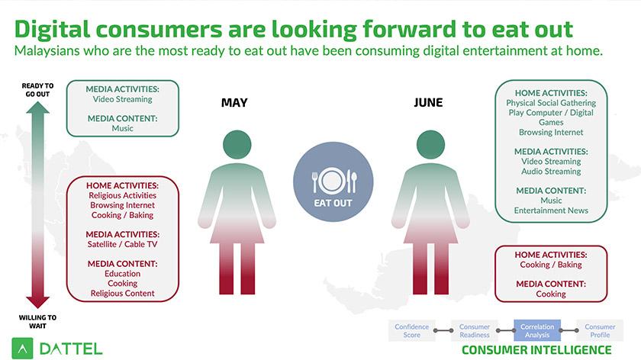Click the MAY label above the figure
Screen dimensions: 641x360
point(234,102)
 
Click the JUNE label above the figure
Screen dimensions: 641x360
point(428,102)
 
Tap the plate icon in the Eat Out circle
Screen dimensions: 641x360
point(332,180)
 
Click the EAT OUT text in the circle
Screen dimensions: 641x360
point(333,203)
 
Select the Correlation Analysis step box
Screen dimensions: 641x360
point(537,330)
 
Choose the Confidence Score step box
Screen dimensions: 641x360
point(411,330)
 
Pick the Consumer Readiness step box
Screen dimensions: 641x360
point(474,330)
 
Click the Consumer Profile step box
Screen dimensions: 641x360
point(600,330)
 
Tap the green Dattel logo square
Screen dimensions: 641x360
point(22,349)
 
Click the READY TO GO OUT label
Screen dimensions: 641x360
point(37,90)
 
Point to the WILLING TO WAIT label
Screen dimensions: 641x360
point(37,322)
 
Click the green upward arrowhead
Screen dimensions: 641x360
point(37,108)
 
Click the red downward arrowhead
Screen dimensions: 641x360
point(37,302)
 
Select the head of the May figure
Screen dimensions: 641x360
point(237,145)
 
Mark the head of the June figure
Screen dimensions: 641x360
point(430,145)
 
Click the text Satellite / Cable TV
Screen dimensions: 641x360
point(122,244)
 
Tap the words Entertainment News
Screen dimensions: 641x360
point(551,211)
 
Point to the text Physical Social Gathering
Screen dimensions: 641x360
point(551,103)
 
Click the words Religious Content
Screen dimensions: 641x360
point(122,294)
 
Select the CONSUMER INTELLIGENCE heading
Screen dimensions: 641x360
point(536,350)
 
